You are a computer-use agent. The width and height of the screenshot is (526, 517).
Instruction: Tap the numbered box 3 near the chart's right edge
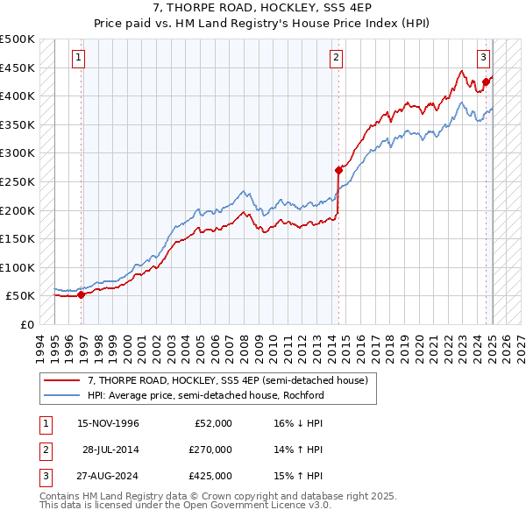point(483,58)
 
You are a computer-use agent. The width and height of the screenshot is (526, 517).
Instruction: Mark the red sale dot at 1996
point(82,294)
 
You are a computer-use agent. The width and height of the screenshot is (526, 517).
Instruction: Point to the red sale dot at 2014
point(338,170)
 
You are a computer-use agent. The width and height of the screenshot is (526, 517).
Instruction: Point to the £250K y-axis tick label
point(18,181)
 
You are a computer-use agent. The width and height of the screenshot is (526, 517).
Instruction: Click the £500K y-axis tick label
point(18,39)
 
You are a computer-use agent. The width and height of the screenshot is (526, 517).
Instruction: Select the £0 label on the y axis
point(27,324)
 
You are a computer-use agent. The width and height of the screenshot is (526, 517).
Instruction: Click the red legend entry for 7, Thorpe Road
point(232,379)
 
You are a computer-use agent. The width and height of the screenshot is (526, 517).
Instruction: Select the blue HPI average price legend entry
point(206,395)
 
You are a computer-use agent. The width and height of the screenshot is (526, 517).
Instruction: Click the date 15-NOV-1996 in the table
point(109,423)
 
